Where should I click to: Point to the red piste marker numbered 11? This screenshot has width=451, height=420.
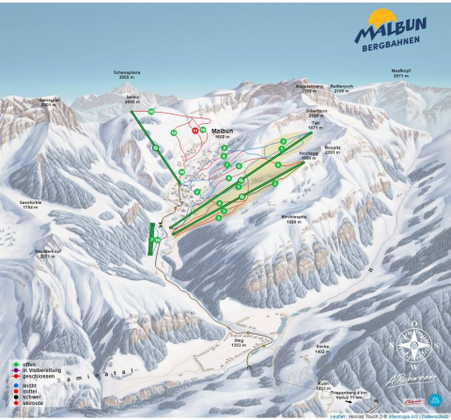tap(194, 132)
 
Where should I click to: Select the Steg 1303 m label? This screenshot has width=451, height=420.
tap(239, 346)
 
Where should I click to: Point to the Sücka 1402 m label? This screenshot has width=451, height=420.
tap(322, 348)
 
